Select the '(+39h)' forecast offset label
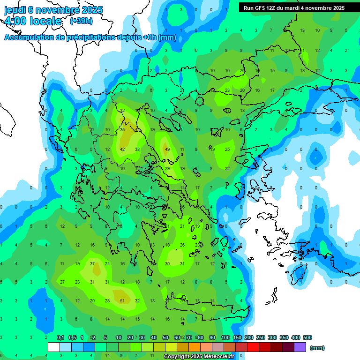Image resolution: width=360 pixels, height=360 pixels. point(81,21)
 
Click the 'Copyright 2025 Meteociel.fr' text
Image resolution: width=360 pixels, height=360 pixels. point(199,356)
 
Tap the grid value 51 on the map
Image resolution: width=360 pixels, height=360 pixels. point(122,300)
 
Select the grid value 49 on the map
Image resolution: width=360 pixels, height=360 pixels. point(167,149)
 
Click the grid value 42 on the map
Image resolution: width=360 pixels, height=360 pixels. point(122,149)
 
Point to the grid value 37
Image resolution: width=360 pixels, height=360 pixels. point(92,263)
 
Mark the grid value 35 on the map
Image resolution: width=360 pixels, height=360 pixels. point(122,129)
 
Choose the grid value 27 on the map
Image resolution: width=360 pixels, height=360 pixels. point(62,282)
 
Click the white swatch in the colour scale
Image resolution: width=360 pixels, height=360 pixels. point(54,347)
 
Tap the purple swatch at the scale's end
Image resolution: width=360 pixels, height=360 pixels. point(300,347)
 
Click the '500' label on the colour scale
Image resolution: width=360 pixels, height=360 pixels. point(307,337)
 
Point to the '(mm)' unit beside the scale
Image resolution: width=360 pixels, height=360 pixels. point(317,348)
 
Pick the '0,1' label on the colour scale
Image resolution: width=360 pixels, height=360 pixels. point(60,337)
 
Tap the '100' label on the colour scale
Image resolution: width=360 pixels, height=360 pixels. point(225,337)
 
